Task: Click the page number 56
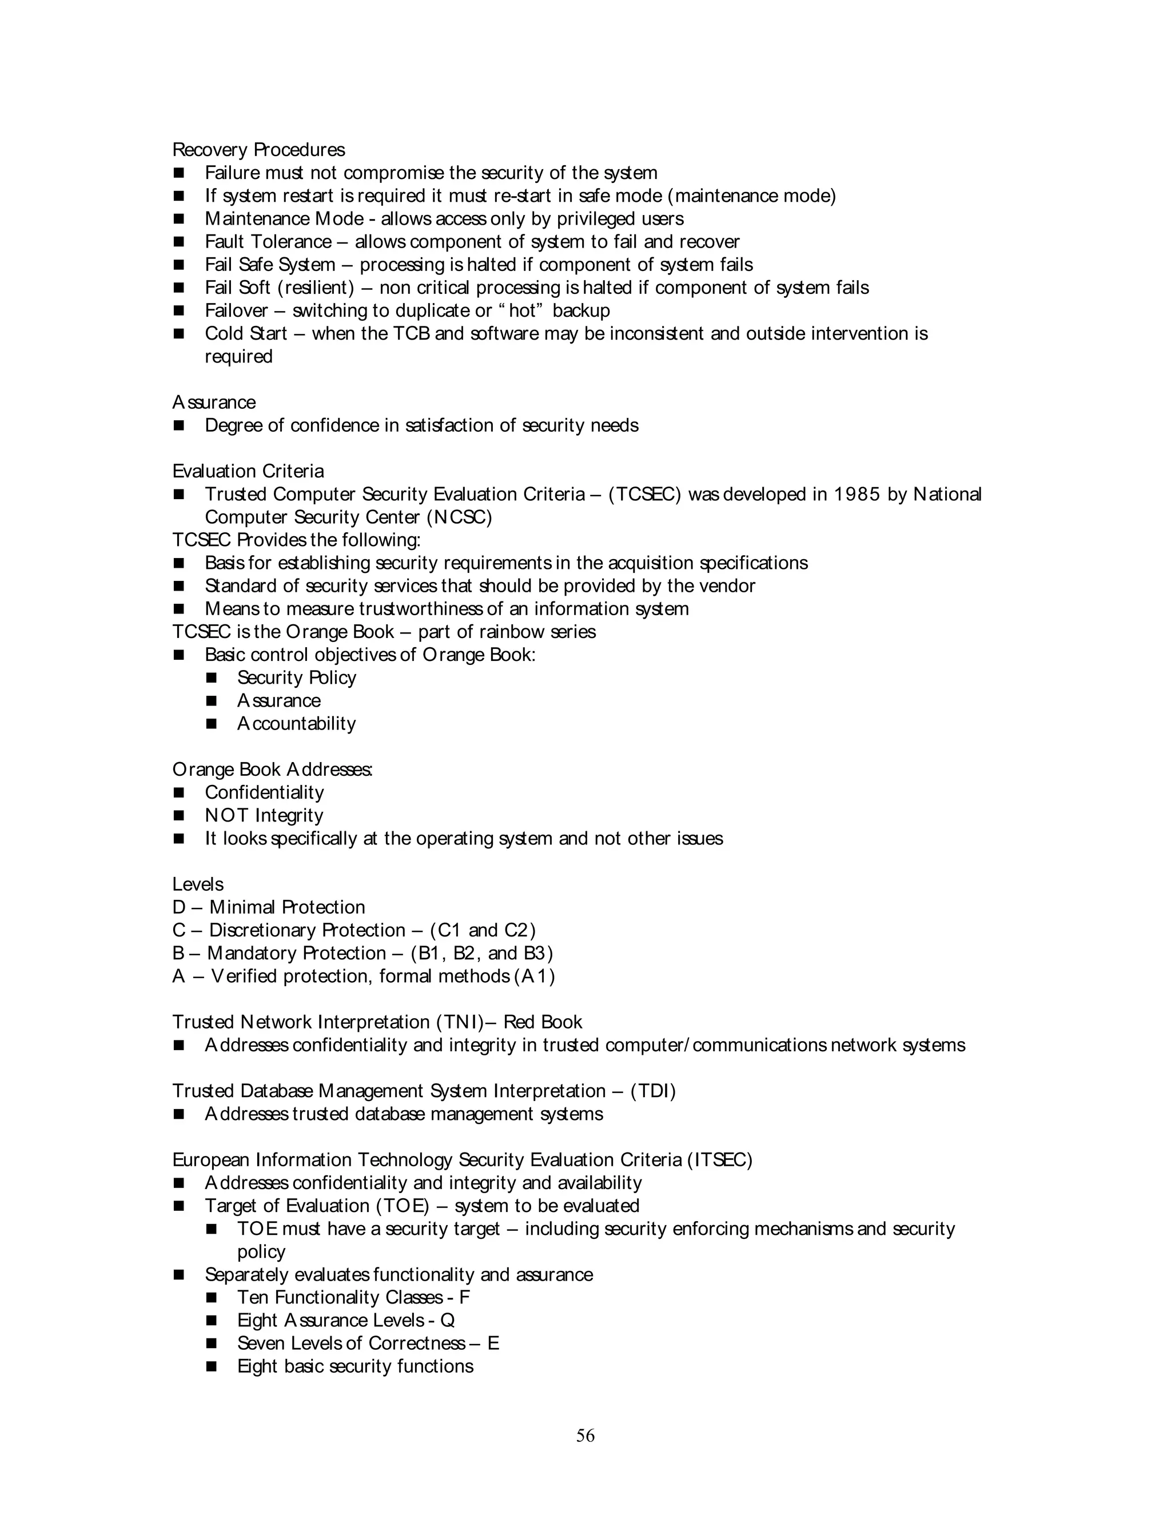[x=585, y=1435]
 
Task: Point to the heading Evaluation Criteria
[x=248, y=472]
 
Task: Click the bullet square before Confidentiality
[x=179, y=793]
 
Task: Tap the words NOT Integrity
[x=264, y=816]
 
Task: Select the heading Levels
[x=198, y=884]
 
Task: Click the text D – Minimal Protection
[x=269, y=907]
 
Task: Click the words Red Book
[x=543, y=1023]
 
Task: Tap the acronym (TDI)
[x=653, y=1091]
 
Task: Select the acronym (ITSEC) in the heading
[x=719, y=1160]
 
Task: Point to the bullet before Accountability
[x=212, y=724]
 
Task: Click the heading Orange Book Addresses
[x=272, y=770]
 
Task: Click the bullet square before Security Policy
[x=212, y=677]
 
